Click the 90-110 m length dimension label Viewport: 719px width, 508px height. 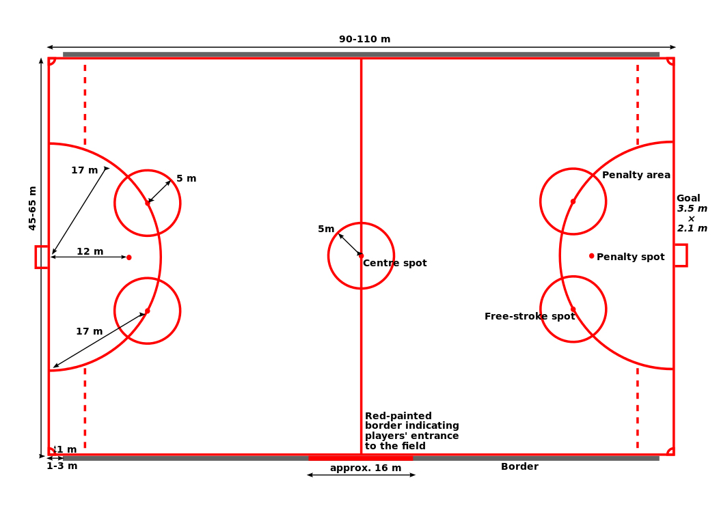click(364, 39)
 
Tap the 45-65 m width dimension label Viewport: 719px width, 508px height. click(32, 208)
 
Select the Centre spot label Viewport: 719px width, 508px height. click(395, 263)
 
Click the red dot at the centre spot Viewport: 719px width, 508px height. click(361, 255)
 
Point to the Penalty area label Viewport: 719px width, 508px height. click(636, 175)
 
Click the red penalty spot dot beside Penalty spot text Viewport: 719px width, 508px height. click(591, 255)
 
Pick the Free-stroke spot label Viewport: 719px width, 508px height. click(530, 316)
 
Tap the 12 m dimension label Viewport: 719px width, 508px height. click(90, 251)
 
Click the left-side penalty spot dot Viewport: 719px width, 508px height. click(129, 257)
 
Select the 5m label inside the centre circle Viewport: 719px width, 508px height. click(326, 229)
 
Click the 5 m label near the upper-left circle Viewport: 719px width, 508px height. click(186, 178)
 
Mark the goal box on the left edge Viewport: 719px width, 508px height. click(42, 257)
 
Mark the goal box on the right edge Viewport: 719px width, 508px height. click(681, 255)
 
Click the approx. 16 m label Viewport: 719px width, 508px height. click(366, 468)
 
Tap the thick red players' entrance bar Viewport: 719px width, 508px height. click(361, 458)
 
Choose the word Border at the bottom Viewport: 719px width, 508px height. click(519, 466)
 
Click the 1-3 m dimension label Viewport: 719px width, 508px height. click(62, 466)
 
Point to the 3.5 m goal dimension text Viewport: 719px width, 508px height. click(692, 208)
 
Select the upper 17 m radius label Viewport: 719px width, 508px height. click(84, 171)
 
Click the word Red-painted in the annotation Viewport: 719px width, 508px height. click(398, 416)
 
